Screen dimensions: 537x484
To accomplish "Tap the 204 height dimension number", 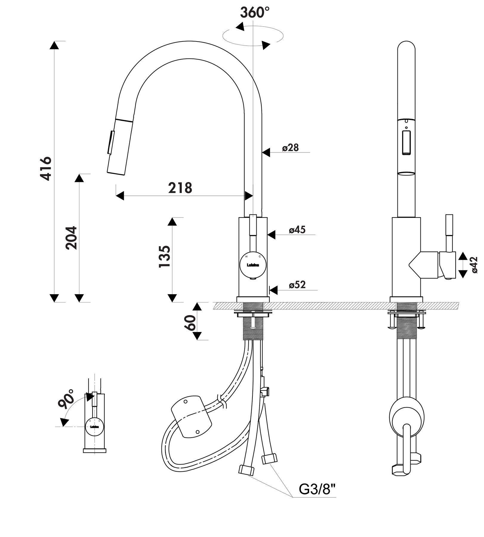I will pos(71,238).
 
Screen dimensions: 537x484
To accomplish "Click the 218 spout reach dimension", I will pos(180,188).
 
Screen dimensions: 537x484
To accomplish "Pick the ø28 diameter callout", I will pos(290,148).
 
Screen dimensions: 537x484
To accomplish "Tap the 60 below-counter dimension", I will pos(190,323).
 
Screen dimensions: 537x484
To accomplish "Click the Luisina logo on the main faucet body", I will pos(253,265).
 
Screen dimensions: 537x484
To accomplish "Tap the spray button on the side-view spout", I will pos(406,143).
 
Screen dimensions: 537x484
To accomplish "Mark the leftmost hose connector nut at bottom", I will pos(246,470).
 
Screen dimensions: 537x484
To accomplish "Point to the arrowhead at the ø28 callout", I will pos(266,152).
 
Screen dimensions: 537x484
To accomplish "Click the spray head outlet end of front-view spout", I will pos(116,172).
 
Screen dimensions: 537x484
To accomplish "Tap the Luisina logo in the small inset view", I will pos(95,427).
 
